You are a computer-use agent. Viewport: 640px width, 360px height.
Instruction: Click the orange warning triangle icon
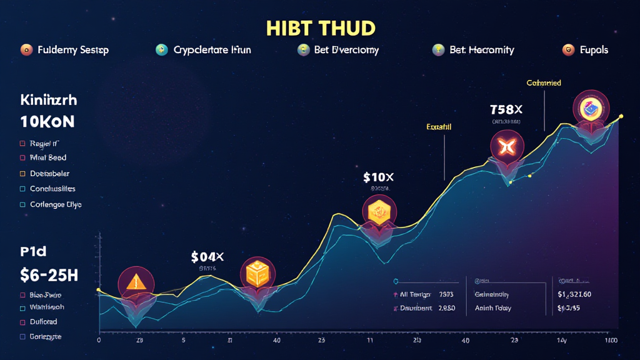coord(134,282)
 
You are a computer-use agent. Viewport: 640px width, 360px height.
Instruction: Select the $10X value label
coord(378,177)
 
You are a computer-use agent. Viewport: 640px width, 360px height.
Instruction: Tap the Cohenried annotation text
coord(543,82)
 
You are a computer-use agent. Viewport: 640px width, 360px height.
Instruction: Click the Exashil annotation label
coord(439,127)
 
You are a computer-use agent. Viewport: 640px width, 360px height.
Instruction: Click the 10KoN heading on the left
coord(47,121)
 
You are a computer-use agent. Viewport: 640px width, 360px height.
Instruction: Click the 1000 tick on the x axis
coord(611,341)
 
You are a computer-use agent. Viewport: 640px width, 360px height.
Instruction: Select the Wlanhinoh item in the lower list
coord(46,307)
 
